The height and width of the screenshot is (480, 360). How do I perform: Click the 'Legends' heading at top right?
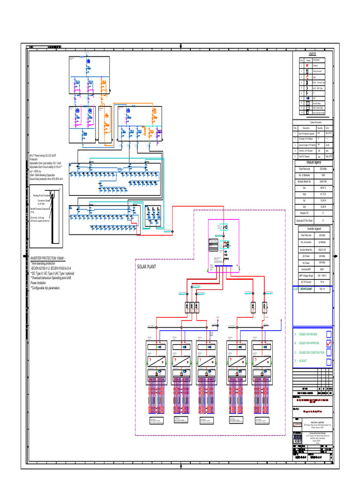point(313,54)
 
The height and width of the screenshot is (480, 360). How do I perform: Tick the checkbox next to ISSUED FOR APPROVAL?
point(329,343)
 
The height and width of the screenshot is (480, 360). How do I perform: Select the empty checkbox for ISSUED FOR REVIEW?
point(329,334)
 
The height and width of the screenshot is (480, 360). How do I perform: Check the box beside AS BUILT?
point(329,361)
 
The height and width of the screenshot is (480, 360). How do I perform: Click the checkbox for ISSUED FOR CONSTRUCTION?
point(329,352)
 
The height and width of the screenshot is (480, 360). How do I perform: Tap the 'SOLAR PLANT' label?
point(146,267)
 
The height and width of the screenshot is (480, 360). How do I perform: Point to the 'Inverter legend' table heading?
point(313,228)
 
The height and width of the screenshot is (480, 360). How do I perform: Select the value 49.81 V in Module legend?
point(323,187)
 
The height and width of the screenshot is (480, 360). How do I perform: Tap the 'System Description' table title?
point(312,122)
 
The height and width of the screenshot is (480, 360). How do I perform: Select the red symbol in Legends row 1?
point(307,66)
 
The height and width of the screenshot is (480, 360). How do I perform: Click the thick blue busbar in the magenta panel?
point(225,266)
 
